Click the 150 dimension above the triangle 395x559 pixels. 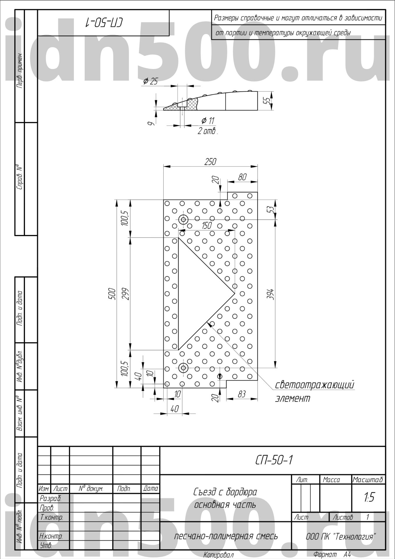coord(207,226)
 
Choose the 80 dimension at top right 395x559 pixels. coord(242,177)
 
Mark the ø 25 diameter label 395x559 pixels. coord(150,81)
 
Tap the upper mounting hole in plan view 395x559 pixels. coord(183,220)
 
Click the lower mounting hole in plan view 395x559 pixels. coord(183,368)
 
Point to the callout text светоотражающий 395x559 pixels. coord(315,385)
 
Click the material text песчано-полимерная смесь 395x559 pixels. coord(226,536)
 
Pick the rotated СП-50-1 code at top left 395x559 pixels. coord(104,22)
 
